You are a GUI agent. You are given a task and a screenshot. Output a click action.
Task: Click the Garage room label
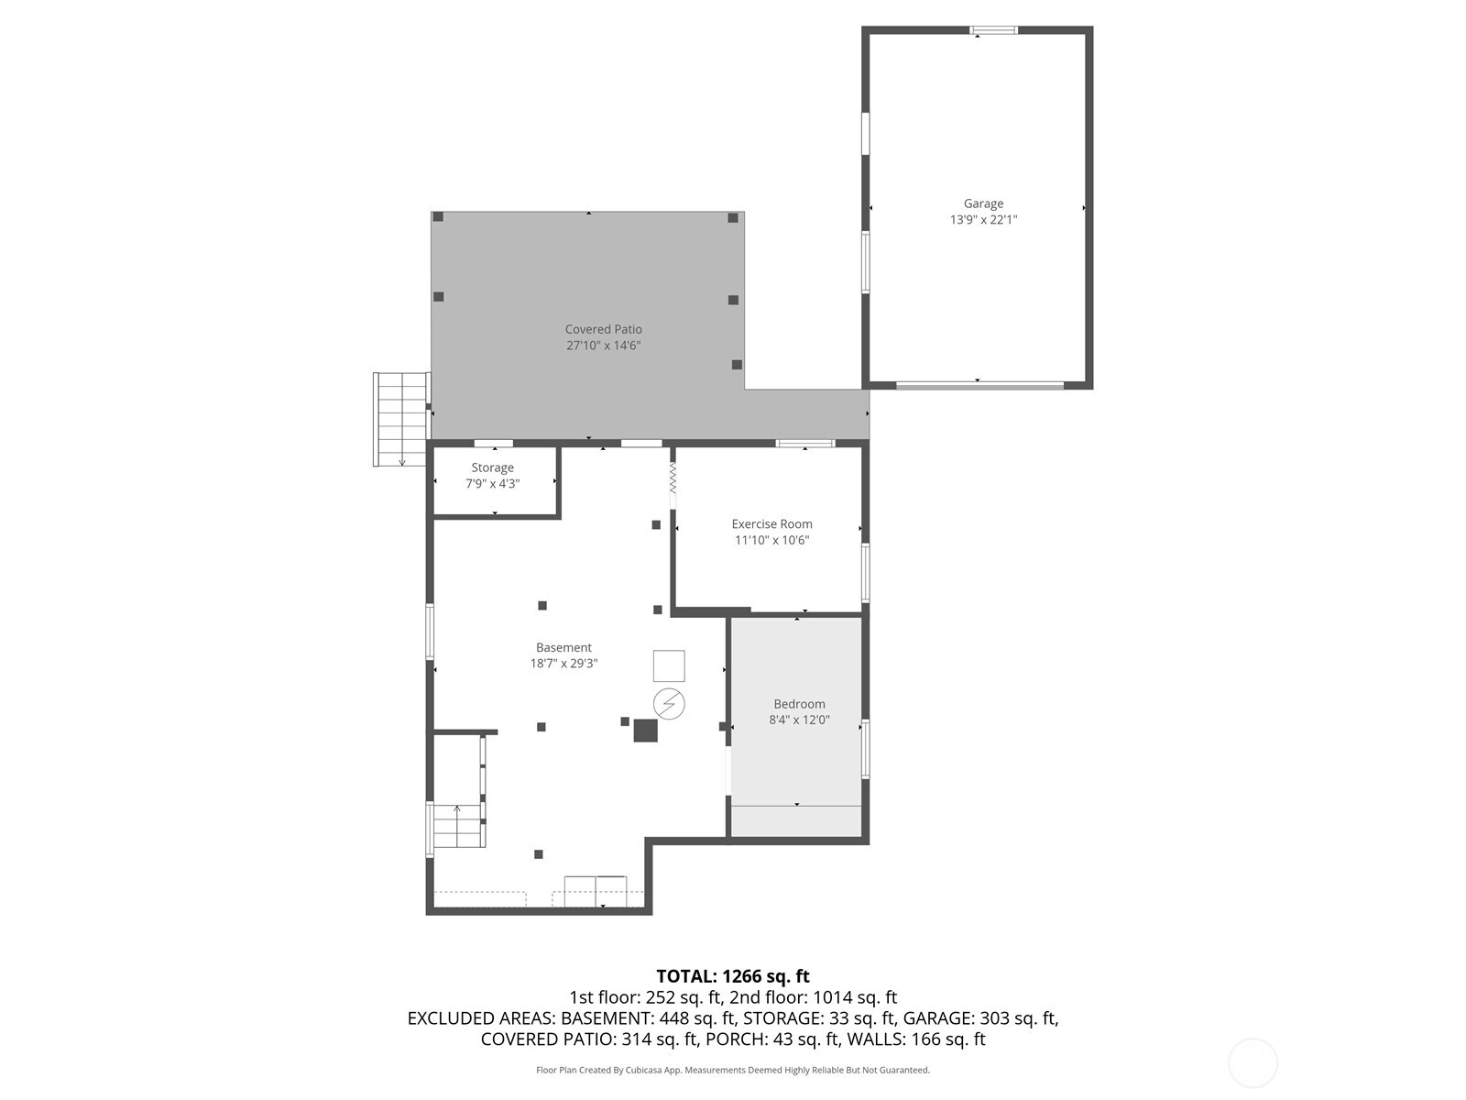coord(983,203)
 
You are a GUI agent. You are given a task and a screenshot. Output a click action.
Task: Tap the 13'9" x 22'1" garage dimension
coord(983,220)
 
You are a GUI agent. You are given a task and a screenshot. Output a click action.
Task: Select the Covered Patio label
coord(603,329)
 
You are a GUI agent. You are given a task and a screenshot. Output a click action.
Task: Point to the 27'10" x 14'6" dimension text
coord(603,346)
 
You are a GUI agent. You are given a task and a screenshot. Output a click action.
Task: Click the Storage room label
coord(492,468)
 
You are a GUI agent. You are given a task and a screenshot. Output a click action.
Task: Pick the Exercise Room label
coord(771,524)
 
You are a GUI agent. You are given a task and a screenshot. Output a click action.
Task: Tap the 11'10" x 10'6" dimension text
coord(771,540)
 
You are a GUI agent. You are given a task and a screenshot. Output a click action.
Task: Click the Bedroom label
coord(799,704)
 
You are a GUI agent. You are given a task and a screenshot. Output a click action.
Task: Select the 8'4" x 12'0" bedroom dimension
coord(799,720)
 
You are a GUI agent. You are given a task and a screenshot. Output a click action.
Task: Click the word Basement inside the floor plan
coord(563,648)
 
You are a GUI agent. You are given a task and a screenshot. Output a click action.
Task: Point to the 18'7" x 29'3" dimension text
coord(563,664)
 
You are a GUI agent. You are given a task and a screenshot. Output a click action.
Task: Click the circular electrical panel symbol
coord(669,703)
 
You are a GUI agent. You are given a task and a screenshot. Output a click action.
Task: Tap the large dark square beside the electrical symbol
coord(645,730)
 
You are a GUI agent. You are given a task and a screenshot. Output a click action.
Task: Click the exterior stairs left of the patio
coord(400,420)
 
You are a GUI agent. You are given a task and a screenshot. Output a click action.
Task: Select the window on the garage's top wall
coord(993,30)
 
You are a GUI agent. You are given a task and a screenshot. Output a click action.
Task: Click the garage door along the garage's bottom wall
coord(979,385)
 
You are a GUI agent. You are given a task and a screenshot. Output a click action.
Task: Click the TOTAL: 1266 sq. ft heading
coord(733,976)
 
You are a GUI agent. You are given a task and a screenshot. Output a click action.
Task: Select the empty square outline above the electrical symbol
coord(669,665)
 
